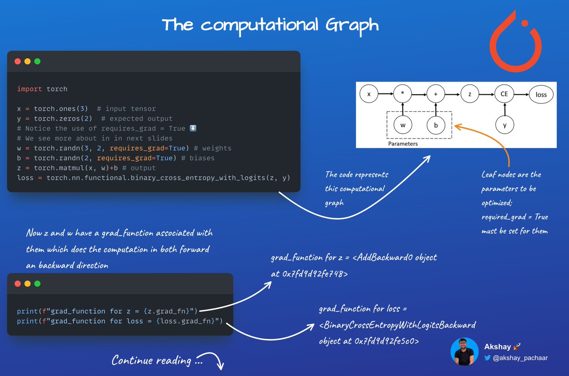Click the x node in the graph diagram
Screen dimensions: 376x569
coord(369,94)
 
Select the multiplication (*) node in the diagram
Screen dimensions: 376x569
coord(403,94)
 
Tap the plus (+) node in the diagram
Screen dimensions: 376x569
coord(436,94)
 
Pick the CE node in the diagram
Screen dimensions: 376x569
coord(504,94)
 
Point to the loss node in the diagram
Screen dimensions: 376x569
coord(541,95)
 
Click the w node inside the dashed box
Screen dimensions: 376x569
coord(403,125)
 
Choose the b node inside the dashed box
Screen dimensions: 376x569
coord(436,125)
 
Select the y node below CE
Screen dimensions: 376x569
coord(504,125)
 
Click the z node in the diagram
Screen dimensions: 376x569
coord(469,94)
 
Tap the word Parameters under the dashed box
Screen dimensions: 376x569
coord(403,144)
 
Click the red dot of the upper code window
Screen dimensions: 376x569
coord(18,61)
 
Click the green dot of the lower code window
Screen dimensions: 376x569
coord(37,284)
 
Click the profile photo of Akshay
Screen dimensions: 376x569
coord(464,351)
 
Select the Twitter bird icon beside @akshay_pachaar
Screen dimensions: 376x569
coord(487,358)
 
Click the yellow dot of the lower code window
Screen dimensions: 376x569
coord(28,284)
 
